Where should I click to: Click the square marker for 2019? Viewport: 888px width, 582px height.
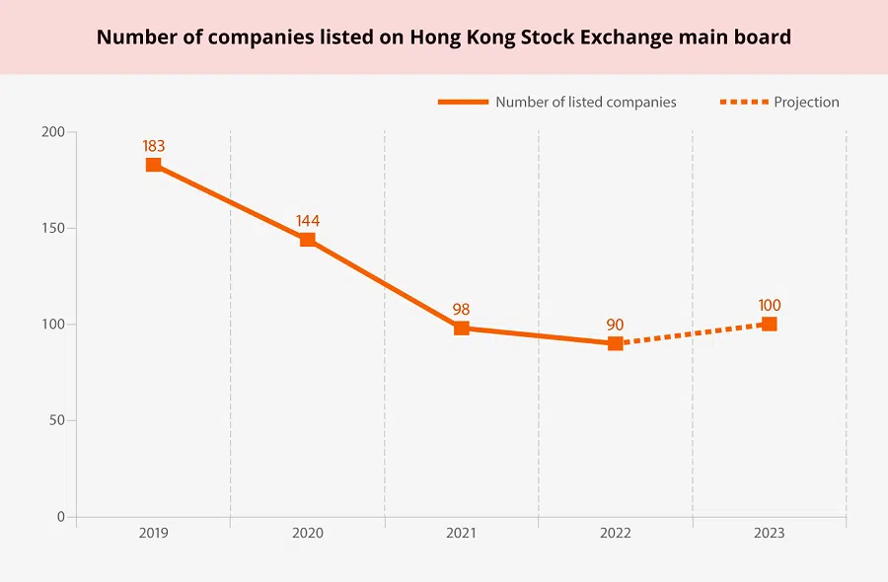154,165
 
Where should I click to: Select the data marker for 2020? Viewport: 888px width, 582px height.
308,240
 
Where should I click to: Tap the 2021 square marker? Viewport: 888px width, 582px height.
462,328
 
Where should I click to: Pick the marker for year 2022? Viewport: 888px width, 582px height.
616,343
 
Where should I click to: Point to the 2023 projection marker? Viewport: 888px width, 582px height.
770,324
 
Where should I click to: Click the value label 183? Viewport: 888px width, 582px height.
154,146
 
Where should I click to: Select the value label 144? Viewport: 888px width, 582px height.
308,221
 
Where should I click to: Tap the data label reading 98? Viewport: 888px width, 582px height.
462,310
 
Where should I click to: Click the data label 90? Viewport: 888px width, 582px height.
616,325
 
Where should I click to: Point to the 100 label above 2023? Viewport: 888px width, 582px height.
770,306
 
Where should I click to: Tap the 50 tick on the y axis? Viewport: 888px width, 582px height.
56,420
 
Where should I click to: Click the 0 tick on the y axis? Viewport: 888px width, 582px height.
60,516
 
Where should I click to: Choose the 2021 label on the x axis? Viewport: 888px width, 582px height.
462,533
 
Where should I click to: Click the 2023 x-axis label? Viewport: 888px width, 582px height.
770,533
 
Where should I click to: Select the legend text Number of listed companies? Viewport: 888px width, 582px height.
586,102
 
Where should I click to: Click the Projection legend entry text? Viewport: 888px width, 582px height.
806,102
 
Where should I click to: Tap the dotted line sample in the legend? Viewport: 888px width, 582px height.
743,102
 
